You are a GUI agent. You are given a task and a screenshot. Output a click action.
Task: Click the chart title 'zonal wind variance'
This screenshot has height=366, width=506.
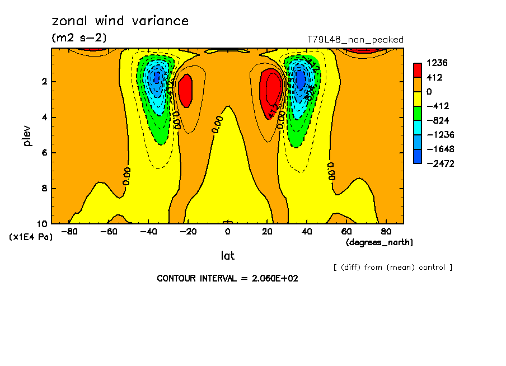(120, 21)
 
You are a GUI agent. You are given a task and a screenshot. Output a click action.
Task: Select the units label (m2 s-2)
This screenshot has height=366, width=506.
(79, 38)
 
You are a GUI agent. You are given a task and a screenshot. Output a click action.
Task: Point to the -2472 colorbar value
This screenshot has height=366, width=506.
(438, 163)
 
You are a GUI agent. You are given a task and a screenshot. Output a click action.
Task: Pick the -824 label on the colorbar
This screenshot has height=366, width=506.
(436, 120)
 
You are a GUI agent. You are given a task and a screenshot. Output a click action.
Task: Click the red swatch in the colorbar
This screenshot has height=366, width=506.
(417, 70)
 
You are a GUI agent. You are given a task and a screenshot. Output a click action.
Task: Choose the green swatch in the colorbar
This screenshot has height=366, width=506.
(417, 113)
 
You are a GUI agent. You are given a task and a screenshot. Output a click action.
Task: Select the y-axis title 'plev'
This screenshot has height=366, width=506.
(28, 135)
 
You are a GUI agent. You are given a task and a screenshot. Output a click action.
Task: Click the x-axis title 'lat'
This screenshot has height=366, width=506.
(227, 256)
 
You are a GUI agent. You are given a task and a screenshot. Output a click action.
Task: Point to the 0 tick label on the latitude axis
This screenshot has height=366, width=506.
(228, 231)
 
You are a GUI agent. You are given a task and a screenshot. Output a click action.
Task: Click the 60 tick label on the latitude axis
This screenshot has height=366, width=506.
(346, 231)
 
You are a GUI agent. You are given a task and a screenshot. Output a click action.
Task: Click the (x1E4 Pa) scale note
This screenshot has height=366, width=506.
(31, 237)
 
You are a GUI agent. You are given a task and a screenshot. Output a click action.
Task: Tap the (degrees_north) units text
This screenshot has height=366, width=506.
(379, 242)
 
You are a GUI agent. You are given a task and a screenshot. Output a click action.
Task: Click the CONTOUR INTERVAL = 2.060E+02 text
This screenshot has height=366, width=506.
(227, 278)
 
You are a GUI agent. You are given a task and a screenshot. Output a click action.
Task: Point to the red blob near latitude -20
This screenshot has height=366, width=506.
(185, 91)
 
